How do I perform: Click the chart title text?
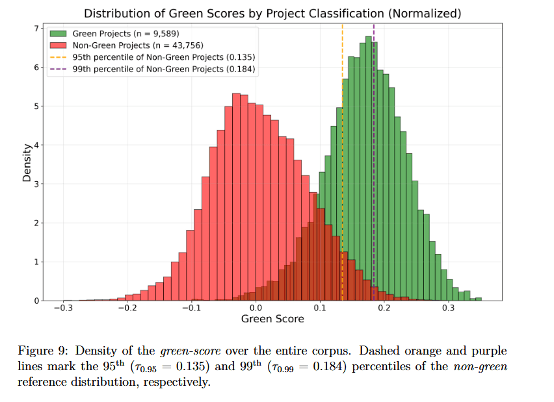[273, 13]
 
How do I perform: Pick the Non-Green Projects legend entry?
[123, 45]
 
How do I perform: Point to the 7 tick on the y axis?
[36, 29]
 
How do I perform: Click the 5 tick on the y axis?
[36, 107]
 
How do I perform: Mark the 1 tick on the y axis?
[36, 262]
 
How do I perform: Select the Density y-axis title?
[27, 162]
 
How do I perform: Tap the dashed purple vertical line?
[374, 195]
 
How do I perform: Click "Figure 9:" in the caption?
[40, 351]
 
